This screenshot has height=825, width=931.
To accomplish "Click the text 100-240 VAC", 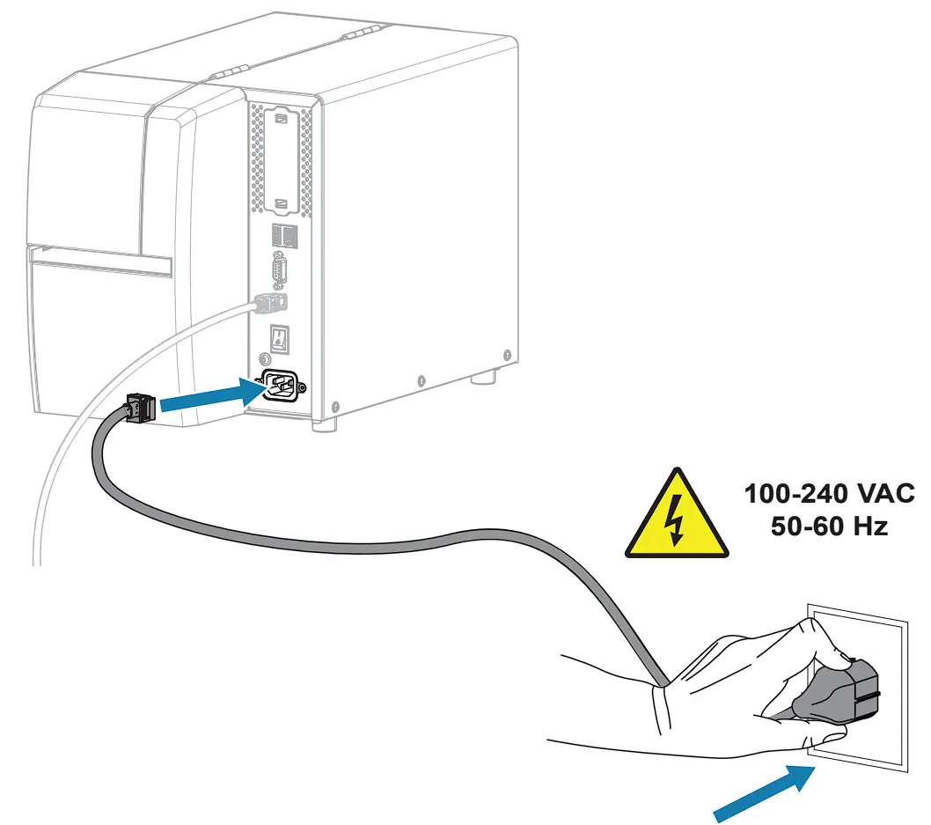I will pyautogui.click(x=830, y=493).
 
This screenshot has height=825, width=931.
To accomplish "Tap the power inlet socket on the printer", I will pyautogui.click(x=282, y=385).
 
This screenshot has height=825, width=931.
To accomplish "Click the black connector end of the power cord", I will pyautogui.click(x=139, y=408).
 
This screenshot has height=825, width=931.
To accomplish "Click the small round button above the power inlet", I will pyautogui.click(x=262, y=360).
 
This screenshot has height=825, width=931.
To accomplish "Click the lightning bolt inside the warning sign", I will pyautogui.click(x=677, y=521).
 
